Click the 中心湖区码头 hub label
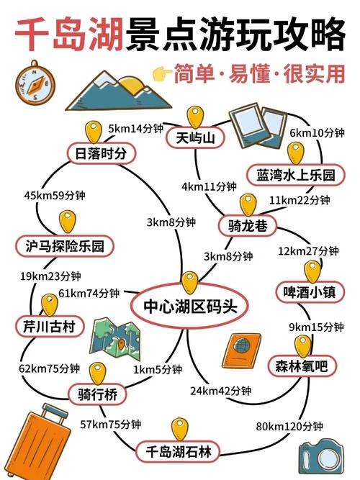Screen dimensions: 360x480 [x=190, y=306]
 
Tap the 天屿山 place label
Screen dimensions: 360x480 [x=195, y=138]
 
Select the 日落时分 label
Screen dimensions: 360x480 [x=101, y=153]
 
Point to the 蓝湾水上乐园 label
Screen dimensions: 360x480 [x=296, y=175]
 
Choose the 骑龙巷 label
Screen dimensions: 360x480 [x=248, y=226]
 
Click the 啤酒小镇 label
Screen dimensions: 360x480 [x=310, y=291]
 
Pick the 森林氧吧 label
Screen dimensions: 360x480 [x=302, y=366]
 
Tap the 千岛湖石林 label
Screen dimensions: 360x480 [x=179, y=451]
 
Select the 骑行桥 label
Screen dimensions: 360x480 [x=97, y=394]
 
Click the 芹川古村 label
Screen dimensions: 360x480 [x=50, y=326]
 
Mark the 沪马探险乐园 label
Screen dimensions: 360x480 [x=65, y=246]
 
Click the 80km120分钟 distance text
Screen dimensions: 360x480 [x=289, y=426]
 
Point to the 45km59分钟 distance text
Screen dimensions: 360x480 [x=55, y=195]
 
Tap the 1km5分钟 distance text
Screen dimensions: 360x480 [x=158, y=369]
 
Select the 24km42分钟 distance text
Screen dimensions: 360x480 [x=220, y=391]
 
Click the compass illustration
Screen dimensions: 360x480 [x=35, y=83]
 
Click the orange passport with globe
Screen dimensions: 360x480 [x=242, y=350]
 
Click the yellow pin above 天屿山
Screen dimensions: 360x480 [x=195, y=117]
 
